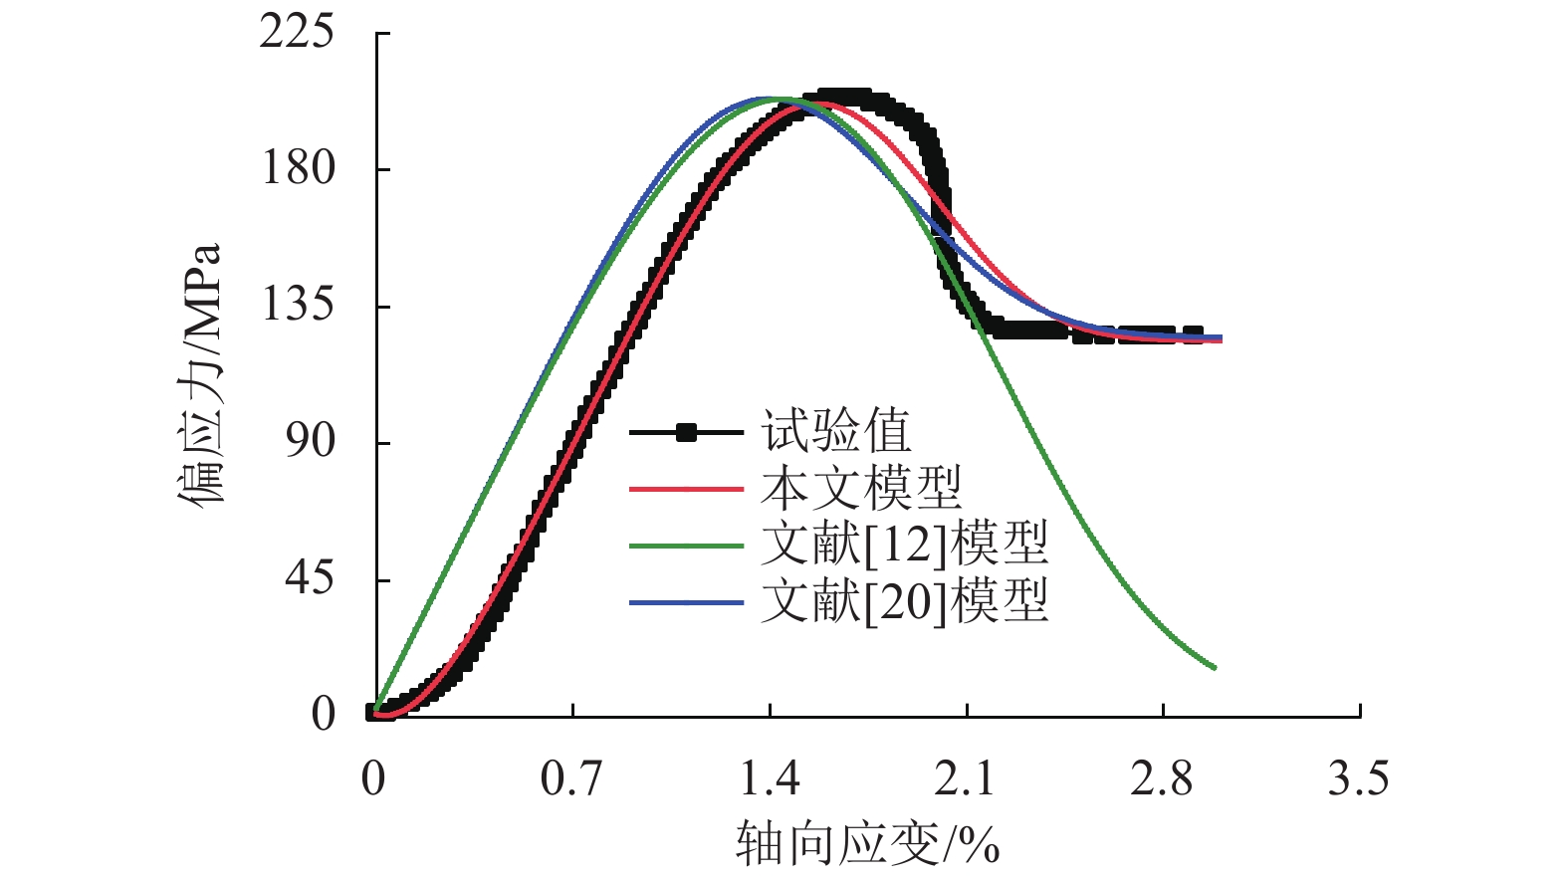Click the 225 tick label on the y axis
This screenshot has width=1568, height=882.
coord(297,32)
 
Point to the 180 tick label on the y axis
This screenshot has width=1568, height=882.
coord(297,168)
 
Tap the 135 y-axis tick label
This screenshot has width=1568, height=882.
coord(297,305)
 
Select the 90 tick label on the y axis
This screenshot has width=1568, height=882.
coord(310,441)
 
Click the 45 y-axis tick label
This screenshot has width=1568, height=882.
coord(310,578)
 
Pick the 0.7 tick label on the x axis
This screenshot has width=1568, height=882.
coord(571,778)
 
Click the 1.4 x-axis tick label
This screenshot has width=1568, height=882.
coord(769,778)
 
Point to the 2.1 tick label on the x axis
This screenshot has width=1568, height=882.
coord(965,778)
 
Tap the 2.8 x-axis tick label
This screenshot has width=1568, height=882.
coord(1162,778)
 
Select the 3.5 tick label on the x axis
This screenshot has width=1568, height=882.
coord(1358,778)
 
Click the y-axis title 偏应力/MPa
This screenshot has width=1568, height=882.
coord(200,373)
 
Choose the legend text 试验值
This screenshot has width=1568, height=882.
coord(836,432)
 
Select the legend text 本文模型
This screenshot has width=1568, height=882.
coord(861,489)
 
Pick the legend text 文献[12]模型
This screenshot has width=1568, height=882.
coord(904,545)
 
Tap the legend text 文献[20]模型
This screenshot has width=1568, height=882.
coord(904,601)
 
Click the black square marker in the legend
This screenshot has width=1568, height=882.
coord(686,432)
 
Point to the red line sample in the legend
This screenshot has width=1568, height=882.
coord(686,489)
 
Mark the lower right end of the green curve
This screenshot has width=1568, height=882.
coord(1215,667)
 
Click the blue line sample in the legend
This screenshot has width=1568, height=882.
coord(686,602)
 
